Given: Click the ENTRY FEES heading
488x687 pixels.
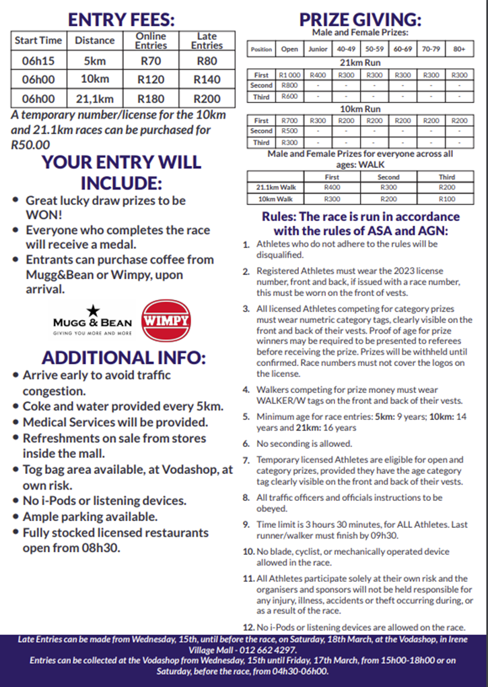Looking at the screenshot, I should [x=123, y=18].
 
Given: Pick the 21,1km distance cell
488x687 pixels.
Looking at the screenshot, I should [x=94, y=98].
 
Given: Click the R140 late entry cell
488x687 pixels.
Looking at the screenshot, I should [x=207, y=80].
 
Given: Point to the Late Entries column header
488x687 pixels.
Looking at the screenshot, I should [x=207, y=40].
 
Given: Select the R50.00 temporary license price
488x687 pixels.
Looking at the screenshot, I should [x=31, y=144].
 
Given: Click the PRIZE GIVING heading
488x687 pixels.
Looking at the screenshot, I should [x=361, y=18].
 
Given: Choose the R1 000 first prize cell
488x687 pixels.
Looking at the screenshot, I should [x=289, y=76].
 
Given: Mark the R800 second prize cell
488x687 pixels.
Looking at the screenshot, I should [x=289, y=86].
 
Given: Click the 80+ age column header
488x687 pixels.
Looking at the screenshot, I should [x=459, y=49].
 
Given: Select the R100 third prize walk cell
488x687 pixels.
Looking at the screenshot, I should [x=446, y=199].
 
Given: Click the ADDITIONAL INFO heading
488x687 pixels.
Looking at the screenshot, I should [x=123, y=357].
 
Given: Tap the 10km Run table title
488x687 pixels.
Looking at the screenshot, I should [x=361, y=109].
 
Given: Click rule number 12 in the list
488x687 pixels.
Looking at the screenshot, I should [x=248, y=627].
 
